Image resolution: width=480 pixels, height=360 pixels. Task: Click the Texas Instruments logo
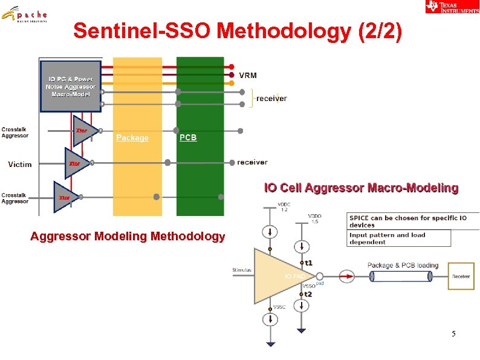452,7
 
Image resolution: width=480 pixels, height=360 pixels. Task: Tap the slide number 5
454,334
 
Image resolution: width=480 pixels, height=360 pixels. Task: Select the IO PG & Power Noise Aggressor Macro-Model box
70,86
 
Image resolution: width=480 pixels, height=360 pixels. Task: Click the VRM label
248,76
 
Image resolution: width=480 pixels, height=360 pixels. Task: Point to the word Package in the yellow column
132,138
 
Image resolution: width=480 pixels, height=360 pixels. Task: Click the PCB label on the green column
188,138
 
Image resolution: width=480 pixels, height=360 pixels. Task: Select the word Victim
20,164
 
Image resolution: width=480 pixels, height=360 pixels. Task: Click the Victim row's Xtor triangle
76,163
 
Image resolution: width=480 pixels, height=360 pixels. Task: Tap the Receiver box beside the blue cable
461,277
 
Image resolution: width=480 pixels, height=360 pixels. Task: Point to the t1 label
308,263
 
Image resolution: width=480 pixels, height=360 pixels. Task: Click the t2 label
308,293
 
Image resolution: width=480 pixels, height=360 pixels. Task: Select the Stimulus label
242,270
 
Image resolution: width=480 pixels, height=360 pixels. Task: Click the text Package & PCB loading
403,265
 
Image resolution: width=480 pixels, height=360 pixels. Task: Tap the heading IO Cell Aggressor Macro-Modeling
361,188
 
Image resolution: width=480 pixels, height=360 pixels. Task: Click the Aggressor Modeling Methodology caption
128,237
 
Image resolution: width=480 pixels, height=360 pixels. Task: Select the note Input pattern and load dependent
388,238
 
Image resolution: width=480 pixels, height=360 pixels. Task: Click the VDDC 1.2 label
283,206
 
